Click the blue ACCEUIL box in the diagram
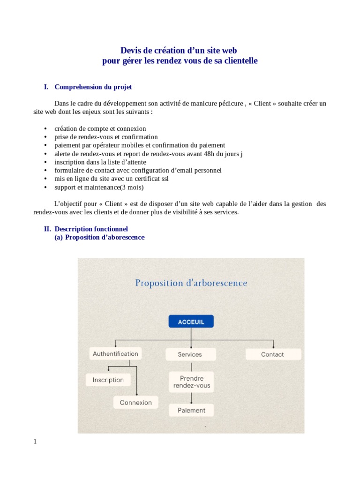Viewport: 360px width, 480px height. pyautogui.click(x=191, y=322)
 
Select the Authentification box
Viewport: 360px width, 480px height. pyautogui.click(x=115, y=354)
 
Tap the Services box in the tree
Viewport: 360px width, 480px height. pyautogui.click(x=190, y=354)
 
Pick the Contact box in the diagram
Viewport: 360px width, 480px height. pyautogui.click(x=272, y=354)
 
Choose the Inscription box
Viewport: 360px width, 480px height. pyautogui.click(x=108, y=380)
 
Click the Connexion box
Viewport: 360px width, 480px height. pyautogui.click(x=136, y=402)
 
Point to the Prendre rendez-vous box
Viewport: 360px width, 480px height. pyautogui.click(x=192, y=382)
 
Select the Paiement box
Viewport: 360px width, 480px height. pyautogui.click(x=191, y=410)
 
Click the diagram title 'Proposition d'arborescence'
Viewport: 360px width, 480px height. pyautogui.click(x=191, y=283)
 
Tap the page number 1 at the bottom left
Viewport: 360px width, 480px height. pyautogui.click(x=35, y=441)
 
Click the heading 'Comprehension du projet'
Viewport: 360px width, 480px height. pyautogui.click(x=93, y=87)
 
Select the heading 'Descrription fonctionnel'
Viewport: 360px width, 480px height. pyautogui.click(x=91, y=229)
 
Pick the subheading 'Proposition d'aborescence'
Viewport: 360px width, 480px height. pyautogui.click(x=105, y=237)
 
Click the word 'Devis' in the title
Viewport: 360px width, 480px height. pyautogui.click(x=131, y=50)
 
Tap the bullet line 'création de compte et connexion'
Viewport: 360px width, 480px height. pyautogui.click(x=100, y=128)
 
